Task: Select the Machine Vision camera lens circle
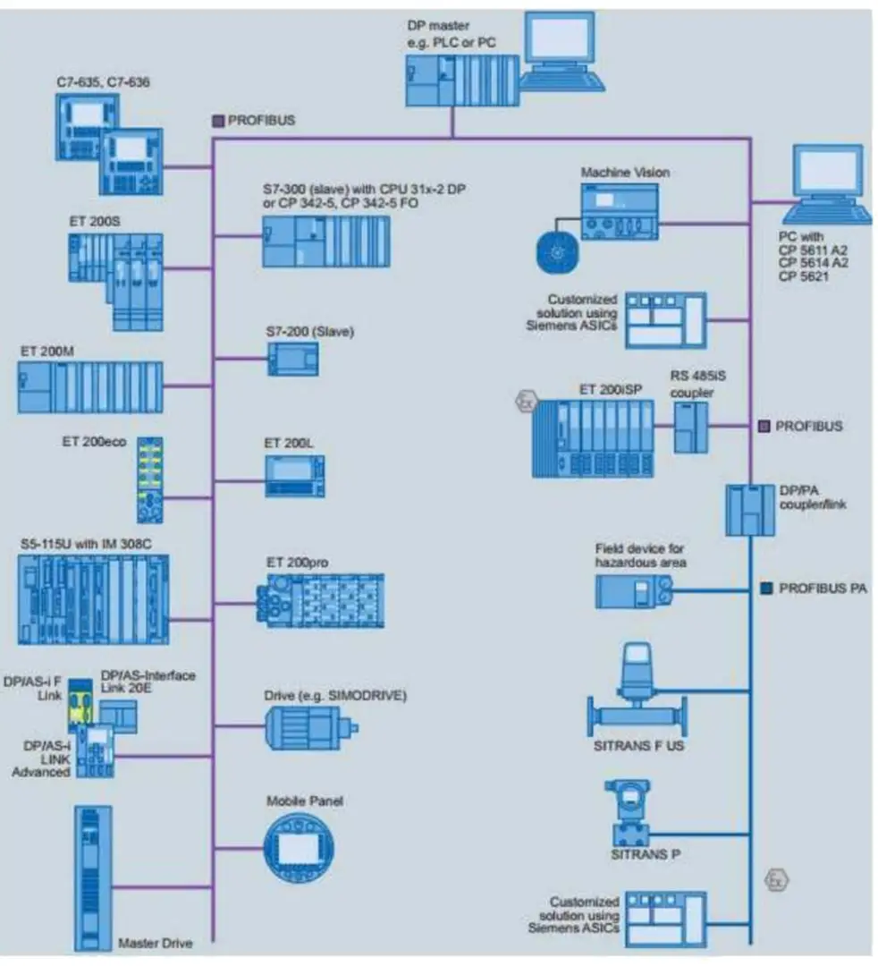[x=556, y=252]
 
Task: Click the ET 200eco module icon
[x=150, y=479]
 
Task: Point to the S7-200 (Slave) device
[x=292, y=360]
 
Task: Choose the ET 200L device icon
[x=294, y=476]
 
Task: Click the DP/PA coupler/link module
[x=749, y=509]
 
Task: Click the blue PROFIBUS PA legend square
[x=765, y=589]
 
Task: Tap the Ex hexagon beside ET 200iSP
[x=523, y=402]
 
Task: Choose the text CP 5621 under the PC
[x=802, y=277]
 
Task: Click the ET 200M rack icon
[x=90, y=387]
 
